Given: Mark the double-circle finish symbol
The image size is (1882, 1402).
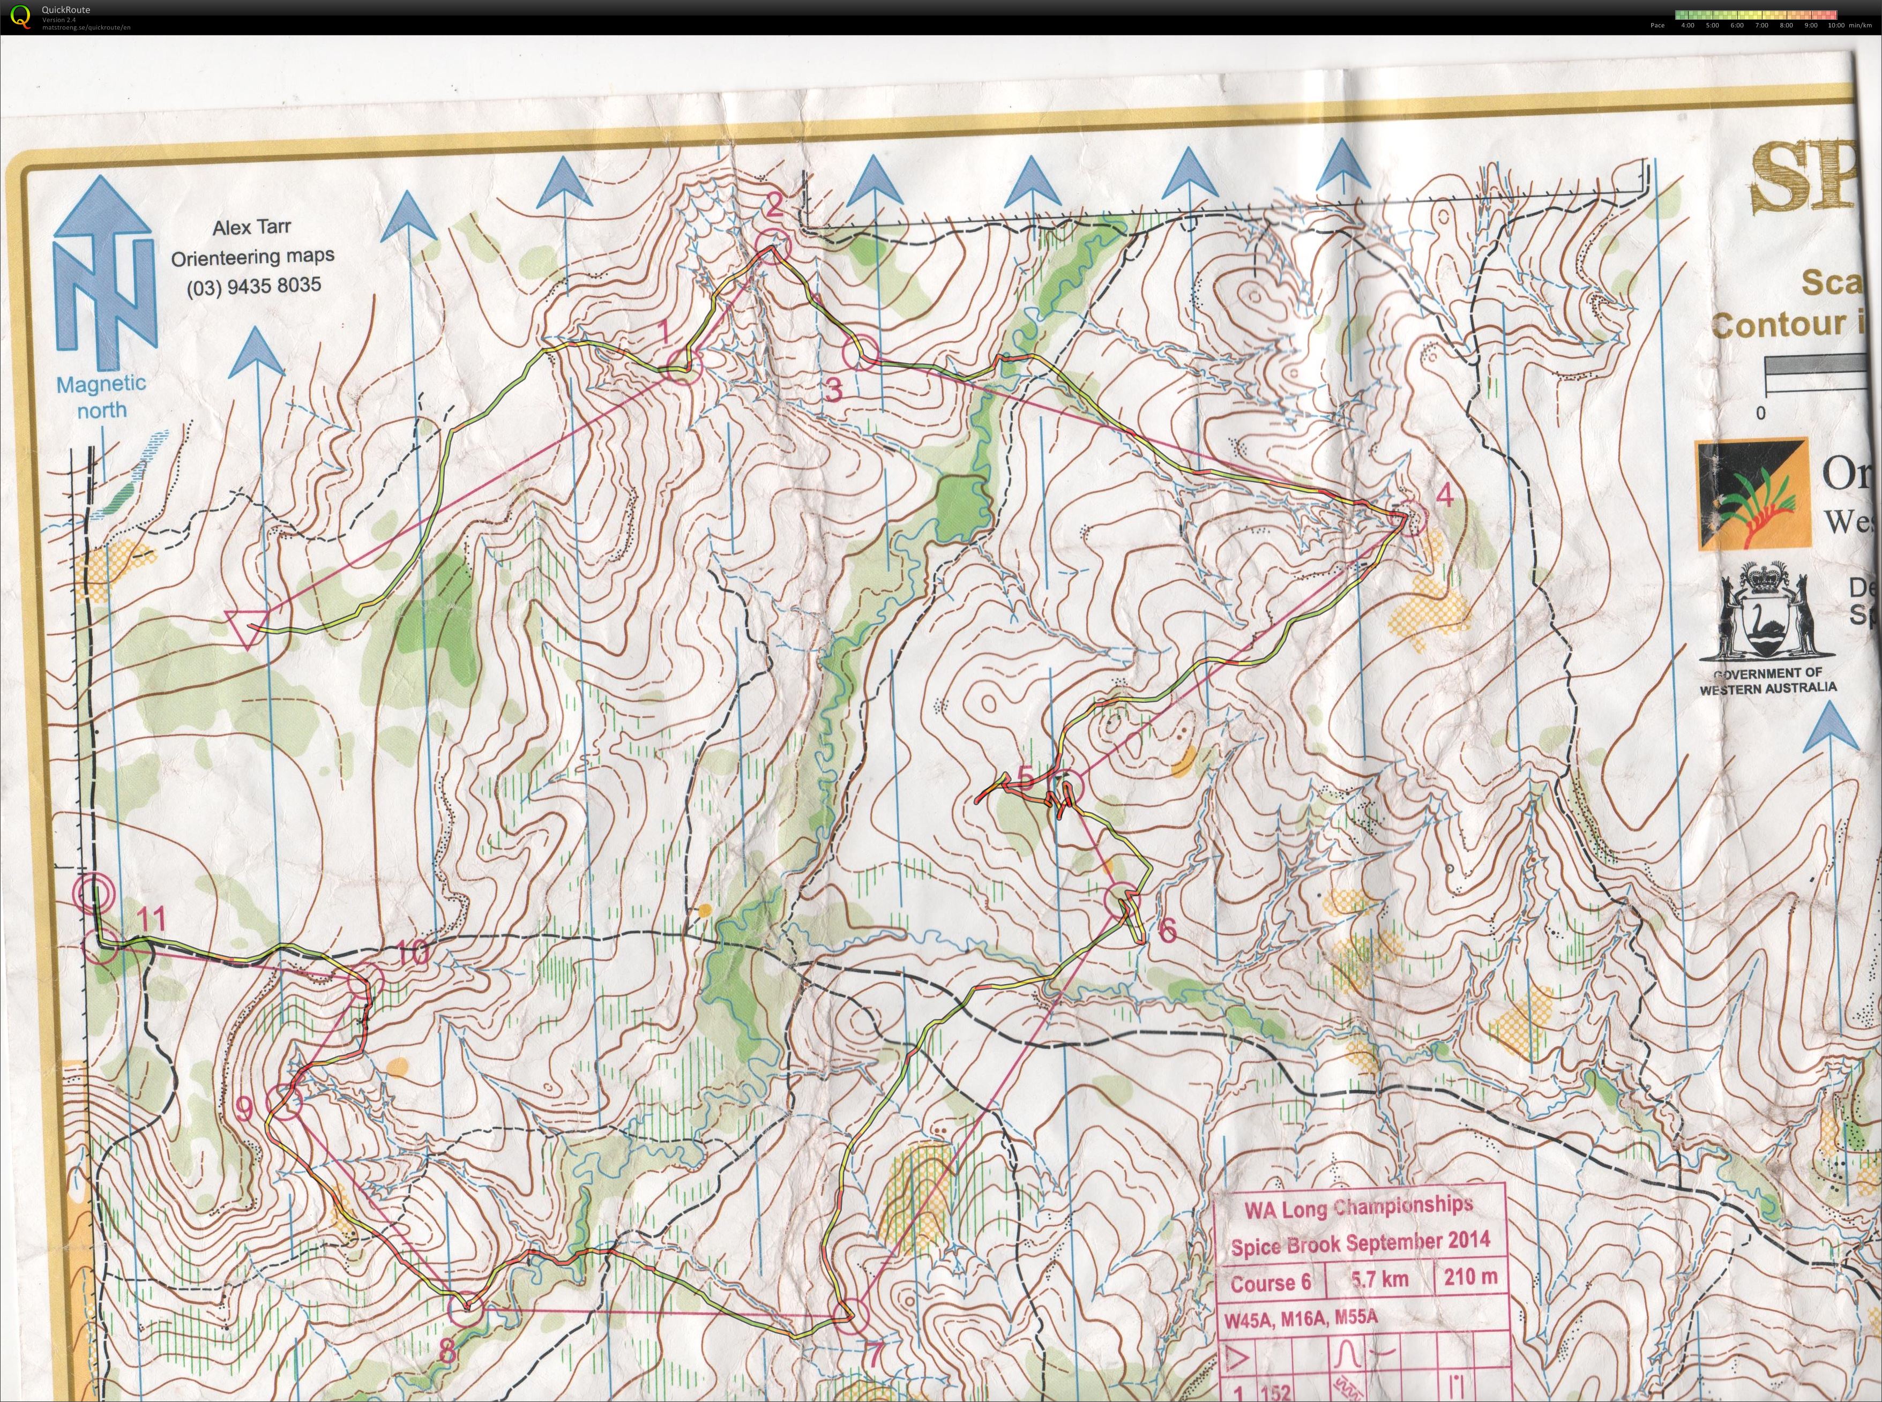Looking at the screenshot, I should click(x=93, y=893).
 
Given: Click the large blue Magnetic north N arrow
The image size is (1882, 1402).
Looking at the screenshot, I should click(x=103, y=272).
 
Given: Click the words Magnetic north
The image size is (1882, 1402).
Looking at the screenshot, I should click(x=101, y=397).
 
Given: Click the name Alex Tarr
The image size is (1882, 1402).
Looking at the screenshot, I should click(x=251, y=228).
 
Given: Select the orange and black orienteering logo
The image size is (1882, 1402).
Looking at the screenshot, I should click(x=1752, y=495).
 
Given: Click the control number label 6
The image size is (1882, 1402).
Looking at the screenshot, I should click(x=1167, y=931).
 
